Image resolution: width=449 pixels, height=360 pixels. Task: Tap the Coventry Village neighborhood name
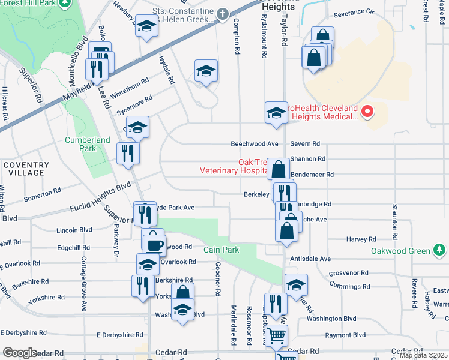pyautogui.click(x=25, y=169)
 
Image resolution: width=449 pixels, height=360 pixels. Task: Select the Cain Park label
pyautogui.click(x=221, y=250)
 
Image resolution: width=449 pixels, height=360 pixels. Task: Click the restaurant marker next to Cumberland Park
pyautogui.click(x=128, y=153)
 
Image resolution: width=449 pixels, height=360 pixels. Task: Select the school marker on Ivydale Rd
pyautogui.click(x=206, y=72)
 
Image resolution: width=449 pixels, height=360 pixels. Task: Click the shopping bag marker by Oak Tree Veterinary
pyautogui.click(x=278, y=169)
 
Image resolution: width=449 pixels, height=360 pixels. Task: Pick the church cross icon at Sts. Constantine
pyautogui.click(x=222, y=13)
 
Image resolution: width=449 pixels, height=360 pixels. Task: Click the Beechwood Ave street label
pyautogui.click(x=255, y=144)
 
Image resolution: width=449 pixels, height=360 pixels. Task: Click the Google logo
pyautogui.click(x=20, y=353)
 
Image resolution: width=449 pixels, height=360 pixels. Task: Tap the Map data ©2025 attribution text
pyautogui.click(x=424, y=355)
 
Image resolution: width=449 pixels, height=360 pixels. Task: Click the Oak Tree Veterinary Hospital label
pyautogui.click(x=234, y=166)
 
